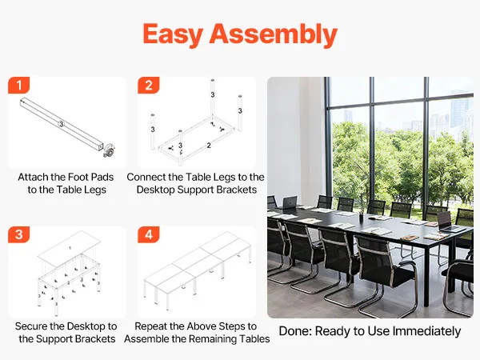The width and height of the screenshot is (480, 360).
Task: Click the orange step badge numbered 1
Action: [19, 86]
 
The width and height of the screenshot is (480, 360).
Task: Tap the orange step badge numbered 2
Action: [149, 86]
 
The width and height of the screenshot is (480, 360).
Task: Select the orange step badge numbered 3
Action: [19, 234]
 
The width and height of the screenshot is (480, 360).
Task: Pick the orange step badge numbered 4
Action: [149, 234]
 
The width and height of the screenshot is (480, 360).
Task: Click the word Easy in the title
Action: [173, 34]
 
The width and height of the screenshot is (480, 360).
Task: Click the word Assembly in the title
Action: [274, 34]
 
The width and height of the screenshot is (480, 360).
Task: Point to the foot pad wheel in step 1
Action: [109, 150]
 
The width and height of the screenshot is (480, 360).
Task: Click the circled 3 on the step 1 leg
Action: [62, 124]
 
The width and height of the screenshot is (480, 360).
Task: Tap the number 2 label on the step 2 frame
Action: [209, 146]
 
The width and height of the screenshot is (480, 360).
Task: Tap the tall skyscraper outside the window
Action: [458, 110]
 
